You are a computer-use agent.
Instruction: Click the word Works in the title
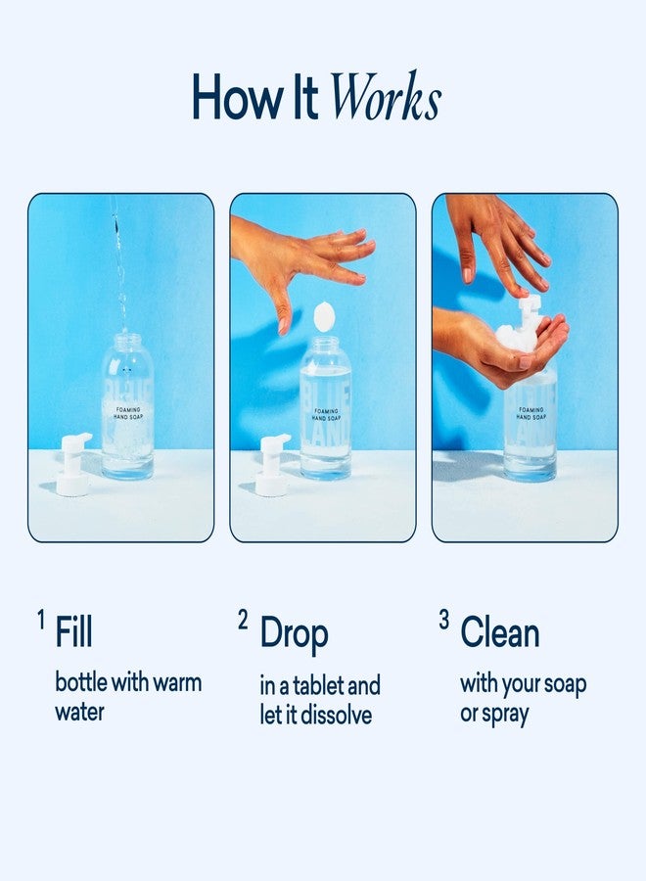pos(385,97)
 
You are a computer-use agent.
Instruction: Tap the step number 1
pos(41,620)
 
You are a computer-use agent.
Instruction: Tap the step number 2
pos(243,620)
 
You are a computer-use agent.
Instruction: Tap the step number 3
pos(443,620)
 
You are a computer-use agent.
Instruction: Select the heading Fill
pos(74,632)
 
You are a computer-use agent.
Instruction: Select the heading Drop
pos(294,634)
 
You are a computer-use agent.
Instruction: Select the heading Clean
pos(500,632)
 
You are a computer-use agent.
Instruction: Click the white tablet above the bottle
pos(323,316)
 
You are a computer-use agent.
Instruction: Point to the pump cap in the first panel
pos(73,464)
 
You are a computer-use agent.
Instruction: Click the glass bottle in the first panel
pos(127,411)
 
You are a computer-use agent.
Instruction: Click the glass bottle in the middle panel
pos(325,411)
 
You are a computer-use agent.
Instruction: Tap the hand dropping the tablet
pos(303,259)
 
